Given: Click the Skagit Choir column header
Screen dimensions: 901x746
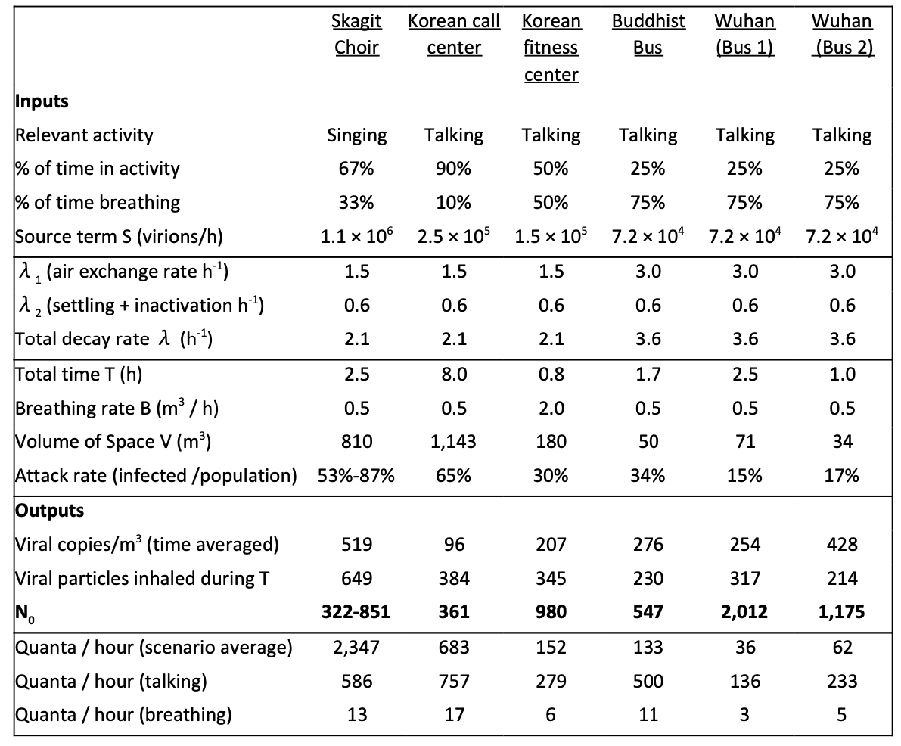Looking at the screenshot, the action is pos(356,34).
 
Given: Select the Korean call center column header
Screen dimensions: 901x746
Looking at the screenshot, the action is pos(454,34).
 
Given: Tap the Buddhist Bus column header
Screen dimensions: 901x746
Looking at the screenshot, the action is pos(648,34).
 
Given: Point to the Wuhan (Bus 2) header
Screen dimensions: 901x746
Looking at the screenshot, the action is pos(843,34).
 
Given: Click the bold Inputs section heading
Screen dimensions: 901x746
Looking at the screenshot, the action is pos(42,101).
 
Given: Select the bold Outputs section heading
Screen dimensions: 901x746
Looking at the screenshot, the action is pos(49,511).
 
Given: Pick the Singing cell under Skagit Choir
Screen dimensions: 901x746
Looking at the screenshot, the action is pos(357,135).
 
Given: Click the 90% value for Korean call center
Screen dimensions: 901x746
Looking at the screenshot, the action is pos(454,169).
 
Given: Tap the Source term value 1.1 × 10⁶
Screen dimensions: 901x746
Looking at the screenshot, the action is pos(357,235).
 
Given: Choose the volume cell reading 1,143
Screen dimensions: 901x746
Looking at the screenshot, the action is pos(454,441).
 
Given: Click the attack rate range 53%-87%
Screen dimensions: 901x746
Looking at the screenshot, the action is pos(356,475).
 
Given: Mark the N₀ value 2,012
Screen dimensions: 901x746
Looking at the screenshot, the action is pos(744,611).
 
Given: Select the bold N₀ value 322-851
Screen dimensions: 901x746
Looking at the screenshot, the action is pos(356,611).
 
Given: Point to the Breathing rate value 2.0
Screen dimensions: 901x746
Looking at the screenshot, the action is pos(551,408).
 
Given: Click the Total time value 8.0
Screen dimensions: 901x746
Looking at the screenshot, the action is pos(454,375).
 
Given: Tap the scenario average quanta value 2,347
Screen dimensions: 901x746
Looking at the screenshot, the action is pos(356,647).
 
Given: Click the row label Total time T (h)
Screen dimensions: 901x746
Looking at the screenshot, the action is pos(79,375).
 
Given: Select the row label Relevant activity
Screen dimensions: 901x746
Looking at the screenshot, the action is pos(84,135).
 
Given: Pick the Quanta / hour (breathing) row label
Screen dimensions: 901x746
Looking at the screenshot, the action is pos(123,714).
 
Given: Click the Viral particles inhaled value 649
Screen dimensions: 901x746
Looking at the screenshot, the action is pos(357,577).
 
